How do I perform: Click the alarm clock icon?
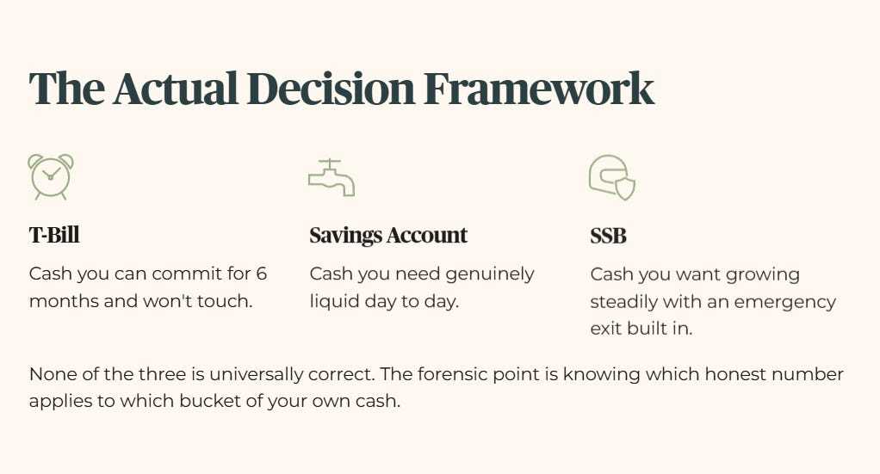(51, 176)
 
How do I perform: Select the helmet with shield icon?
(611, 177)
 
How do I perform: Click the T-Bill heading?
(54, 235)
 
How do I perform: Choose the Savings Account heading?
(388, 236)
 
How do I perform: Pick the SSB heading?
(608, 237)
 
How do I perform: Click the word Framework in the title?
(539, 89)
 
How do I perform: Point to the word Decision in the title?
(331, 89)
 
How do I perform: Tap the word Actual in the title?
(176, 89)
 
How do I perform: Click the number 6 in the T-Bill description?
(261, 274)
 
